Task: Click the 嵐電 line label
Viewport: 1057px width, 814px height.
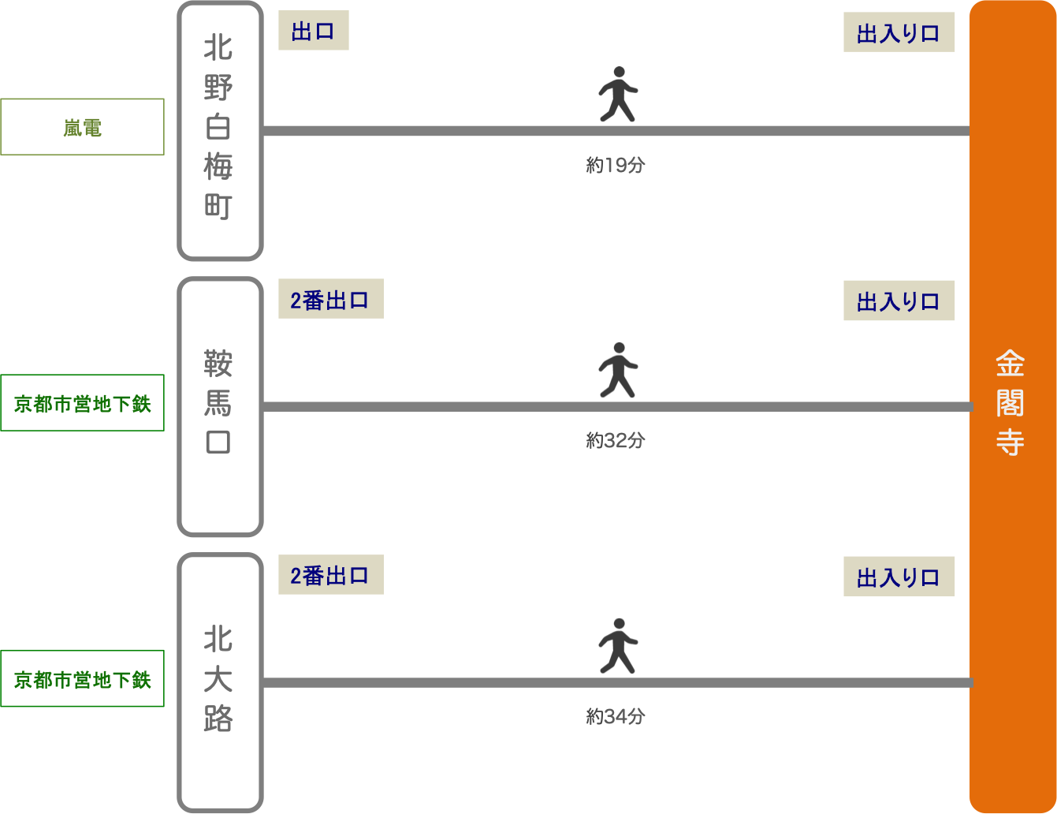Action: coord(82,127)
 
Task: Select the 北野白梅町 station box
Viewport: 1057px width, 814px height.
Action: coord(219,130)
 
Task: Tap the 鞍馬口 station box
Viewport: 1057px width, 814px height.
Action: coord(219,406)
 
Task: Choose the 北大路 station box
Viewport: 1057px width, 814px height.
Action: coord(219,682)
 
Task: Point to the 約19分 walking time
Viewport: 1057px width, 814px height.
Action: coord(616,166)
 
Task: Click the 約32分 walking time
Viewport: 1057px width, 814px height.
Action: coord(616,441)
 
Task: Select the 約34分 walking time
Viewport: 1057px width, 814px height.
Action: coord(616,717)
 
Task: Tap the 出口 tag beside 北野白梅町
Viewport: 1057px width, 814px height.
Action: coord(313,32)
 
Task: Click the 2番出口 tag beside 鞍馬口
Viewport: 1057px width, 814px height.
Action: coord(330,300)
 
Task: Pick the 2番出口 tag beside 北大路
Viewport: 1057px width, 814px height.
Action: coord(330,576)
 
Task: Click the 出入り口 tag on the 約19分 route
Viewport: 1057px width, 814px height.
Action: coord(899,33)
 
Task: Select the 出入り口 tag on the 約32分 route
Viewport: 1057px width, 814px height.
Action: coord(899,301)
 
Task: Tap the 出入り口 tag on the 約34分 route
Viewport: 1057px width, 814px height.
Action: coord(899,577)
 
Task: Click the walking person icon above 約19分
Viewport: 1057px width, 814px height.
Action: coord(617,94)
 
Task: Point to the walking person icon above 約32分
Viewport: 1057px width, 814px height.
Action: coord(617,369)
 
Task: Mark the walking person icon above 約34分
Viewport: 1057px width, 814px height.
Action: coord(617,645)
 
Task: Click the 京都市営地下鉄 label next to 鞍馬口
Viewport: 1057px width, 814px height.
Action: coord(82,403)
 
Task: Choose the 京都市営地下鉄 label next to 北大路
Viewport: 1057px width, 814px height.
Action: coord(82,679)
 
